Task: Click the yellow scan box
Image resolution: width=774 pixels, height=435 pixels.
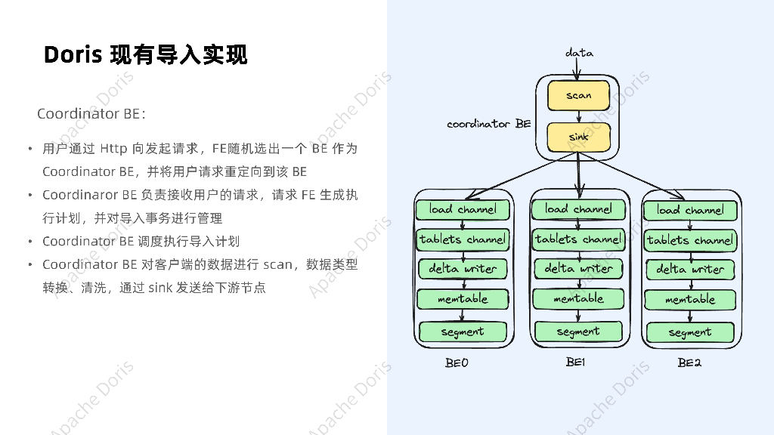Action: tap(578, 96)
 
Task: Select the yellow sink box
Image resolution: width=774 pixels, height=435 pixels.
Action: tap(578, 137)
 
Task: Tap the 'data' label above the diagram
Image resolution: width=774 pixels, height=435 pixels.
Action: tap(579, 53)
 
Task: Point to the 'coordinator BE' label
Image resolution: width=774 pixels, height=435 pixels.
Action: tap(488, 124)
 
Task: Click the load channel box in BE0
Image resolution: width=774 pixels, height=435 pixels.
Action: tap(463, 209)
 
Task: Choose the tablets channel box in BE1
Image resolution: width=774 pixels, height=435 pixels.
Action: tap(578, 239)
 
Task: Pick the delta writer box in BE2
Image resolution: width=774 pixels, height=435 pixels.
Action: tap(690, 269)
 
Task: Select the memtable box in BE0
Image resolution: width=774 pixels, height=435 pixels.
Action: tap(463, 299)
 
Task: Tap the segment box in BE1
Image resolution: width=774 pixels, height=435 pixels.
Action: tap(578, 332)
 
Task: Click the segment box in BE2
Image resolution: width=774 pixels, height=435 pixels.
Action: tap(690, 332)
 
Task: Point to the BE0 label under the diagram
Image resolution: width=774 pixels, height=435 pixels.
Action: tap(457, 363)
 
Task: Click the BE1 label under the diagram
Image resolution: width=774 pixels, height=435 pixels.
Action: tap(575, 362)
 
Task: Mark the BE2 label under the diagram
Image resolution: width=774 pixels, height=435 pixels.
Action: tap(689, 363)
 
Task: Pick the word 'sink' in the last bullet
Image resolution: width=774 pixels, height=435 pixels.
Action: tap(160, 288)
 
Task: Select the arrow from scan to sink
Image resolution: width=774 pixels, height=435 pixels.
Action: tap(578, 116)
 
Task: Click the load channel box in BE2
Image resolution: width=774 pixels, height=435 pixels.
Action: tap(690, 210)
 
